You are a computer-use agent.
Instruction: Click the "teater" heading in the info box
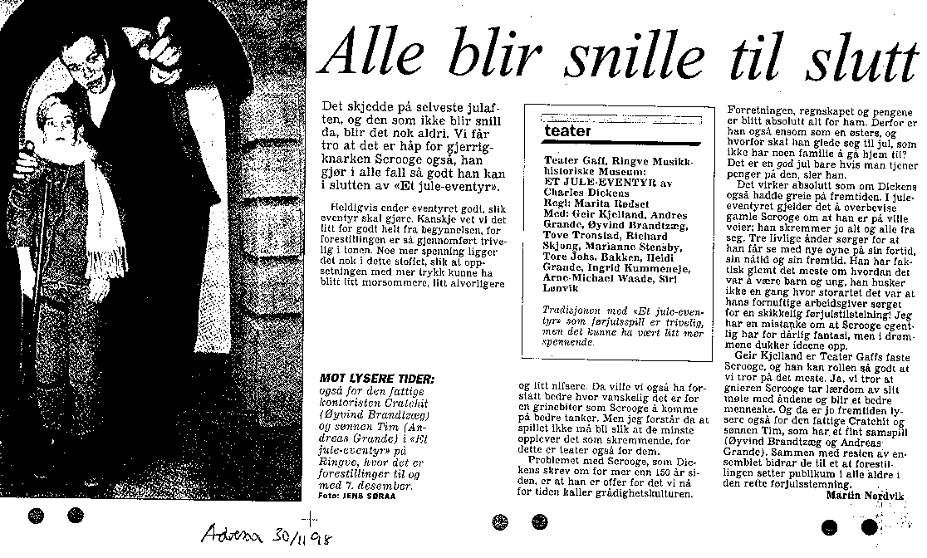[569, 131]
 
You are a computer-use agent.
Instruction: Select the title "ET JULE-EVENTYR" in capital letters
[593, 179]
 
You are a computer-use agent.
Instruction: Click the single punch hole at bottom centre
[499, 521]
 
